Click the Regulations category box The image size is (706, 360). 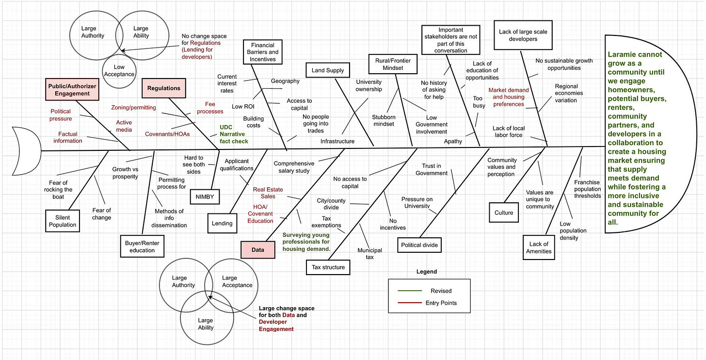click(163, 88)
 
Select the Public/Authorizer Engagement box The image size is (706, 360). click(72, 90)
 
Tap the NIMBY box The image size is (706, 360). click(205, 196)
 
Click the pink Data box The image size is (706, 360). click(258, 250)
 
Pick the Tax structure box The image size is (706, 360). click(328, 267)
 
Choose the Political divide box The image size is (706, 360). click(419, 245)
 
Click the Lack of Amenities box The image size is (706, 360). click(539, 247)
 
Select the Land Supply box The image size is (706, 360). click(328, 70)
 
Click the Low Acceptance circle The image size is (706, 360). click(119, 71)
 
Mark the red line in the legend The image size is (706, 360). click(409, 303)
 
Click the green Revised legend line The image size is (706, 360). click(409, 291)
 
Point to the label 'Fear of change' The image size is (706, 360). click(102, 214)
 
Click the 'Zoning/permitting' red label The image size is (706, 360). click(133, 107)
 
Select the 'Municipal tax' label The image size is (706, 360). click(369, 254)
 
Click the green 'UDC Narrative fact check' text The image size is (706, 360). click(234, 134)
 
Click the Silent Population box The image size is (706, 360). click(63, 221)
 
